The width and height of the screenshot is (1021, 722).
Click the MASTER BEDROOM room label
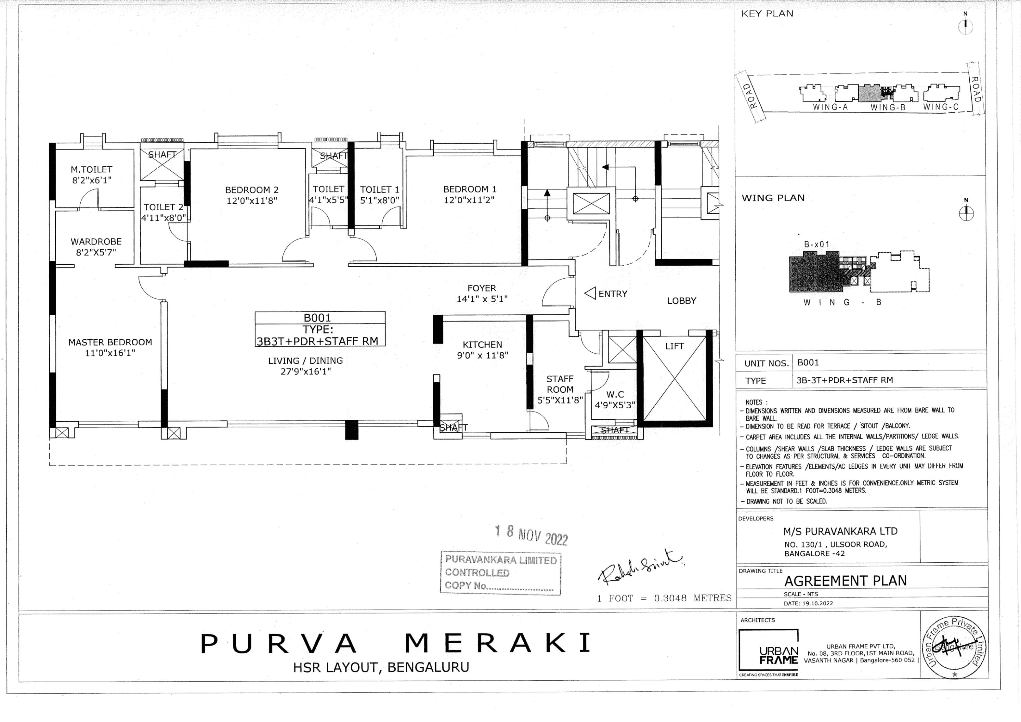(x=110, y=342)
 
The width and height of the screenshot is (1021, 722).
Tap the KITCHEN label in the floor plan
(x=482, y=345)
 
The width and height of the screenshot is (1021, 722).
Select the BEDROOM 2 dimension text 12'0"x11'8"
(x=252, y=201)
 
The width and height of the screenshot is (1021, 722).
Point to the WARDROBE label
(x=96, y=242)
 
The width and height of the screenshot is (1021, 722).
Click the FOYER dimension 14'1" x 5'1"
(x=482, y=299)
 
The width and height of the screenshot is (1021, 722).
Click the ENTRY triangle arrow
(x=590, y=294)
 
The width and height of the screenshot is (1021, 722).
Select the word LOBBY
(x=681, y=301)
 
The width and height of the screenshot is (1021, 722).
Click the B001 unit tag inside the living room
(x=317, y=317)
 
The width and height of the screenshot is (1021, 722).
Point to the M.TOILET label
(x=92, y=169)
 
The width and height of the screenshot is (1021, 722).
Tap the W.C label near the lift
(x=615, y=394)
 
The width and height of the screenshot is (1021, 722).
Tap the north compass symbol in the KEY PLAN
(x=965, y=27)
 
